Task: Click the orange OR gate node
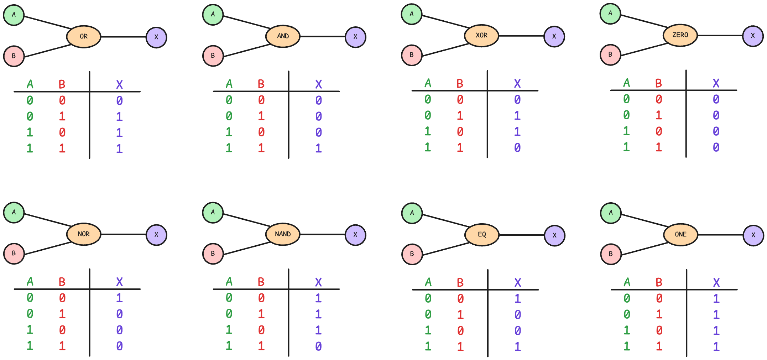tap(84, 36)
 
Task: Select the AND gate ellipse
tap(283, 36)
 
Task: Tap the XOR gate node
tap(481, 36)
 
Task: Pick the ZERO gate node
tap(680, 35)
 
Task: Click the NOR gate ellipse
tap(84, 234)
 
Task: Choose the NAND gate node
tap(283, 234)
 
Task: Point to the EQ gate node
tap(482, 235)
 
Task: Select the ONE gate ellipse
tap(680, 235)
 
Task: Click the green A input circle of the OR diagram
tap(14, 15)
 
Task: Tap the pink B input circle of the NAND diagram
tap(213, 254)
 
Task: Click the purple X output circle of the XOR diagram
tap(554, 36)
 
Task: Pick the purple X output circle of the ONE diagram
tap(753, 235)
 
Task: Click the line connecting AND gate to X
tap(323, 36)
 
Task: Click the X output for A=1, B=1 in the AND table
tap(318, 148)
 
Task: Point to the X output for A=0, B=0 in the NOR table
tap(119, 298)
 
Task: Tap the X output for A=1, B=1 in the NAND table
tap(318, 346)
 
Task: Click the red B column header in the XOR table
tap(460, 84)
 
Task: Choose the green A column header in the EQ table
tap(428, 282)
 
